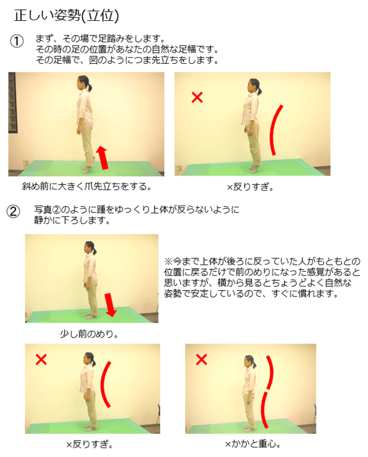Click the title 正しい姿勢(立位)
pos(67,15)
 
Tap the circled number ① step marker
pos(17,41)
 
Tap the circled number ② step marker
pos(13,211)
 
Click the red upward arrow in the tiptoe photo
pos(102,158)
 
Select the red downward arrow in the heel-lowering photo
pos(110,305)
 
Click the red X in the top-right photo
pos(197,97)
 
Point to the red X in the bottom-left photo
pos(41,359)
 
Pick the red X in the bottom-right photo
pos(201,359)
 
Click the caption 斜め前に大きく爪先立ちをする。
pos(87,186)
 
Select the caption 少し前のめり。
pos(90,334)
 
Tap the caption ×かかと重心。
pos(253,444)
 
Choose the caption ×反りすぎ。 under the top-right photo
pos(250,187)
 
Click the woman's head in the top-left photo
pos(83,82)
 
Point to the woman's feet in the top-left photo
pos(88,169)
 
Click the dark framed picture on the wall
pos(12,102)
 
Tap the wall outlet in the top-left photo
pos(26,163)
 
